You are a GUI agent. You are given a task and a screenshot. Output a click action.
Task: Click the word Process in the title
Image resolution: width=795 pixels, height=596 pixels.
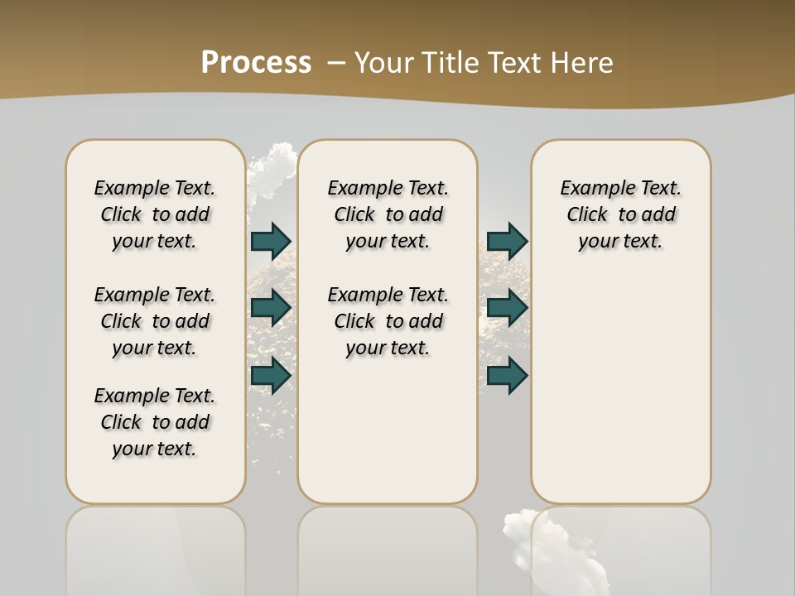point(256,62)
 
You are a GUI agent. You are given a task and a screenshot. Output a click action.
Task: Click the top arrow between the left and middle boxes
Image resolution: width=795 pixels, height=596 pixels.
point(271,242)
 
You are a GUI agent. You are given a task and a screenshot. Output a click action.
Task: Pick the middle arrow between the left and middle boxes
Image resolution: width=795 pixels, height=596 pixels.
point(271,308)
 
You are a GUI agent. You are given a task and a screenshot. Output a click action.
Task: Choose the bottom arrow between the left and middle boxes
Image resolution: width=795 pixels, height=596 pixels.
point(271,376)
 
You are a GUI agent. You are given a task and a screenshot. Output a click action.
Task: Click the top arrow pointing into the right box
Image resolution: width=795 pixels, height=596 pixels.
point(507,242)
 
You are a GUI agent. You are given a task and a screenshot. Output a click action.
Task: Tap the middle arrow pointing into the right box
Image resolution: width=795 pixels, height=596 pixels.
point(507,308)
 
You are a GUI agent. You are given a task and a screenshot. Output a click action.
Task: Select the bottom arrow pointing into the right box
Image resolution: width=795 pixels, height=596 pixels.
point(507,376)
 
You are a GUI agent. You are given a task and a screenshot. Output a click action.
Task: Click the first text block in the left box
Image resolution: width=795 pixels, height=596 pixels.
point(155,214)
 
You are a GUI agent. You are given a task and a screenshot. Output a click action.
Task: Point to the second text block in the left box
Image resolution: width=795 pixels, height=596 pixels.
point(155,321)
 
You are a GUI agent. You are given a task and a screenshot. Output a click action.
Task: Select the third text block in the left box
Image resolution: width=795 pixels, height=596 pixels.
point(155,422)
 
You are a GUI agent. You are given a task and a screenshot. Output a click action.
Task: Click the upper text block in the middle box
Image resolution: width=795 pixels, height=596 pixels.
point(388,214)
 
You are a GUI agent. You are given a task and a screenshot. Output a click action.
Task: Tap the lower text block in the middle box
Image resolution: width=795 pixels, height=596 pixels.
point(388,321)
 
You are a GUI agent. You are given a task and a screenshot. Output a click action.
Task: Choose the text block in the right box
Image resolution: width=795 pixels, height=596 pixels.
point(621,214)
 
